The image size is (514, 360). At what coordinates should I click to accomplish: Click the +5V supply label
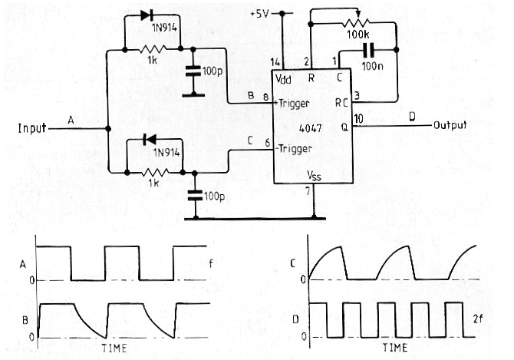(259, 14)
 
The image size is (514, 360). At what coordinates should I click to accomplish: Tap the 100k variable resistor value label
(358, 34)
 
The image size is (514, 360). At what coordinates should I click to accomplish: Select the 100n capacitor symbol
(369, 50)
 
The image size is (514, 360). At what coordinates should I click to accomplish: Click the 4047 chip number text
(310, 128)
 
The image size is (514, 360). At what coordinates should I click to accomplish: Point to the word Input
(31, 128)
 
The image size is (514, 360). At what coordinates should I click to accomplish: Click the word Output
(450, 125)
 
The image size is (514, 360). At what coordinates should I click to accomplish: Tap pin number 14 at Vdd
(275, 62)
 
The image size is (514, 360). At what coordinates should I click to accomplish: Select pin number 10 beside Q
(358, 118)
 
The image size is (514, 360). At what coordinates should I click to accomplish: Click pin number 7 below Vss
(308, 191)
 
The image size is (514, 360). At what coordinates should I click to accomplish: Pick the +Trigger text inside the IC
(293, 104)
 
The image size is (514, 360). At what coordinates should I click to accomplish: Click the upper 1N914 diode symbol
(147, 15)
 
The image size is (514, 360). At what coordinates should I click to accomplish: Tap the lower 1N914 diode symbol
(150, 140)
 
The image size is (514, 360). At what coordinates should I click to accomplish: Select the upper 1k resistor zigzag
(153, 49)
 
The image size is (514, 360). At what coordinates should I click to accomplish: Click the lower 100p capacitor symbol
(195, 196)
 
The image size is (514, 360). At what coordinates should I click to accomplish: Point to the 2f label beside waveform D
(478, 319)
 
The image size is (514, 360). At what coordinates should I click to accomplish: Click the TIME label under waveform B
(114, 348)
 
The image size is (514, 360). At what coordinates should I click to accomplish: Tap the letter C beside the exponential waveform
(293, 263)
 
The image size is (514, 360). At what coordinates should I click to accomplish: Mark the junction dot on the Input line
(108, 129)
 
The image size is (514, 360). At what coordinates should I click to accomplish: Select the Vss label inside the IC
(314, 176)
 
